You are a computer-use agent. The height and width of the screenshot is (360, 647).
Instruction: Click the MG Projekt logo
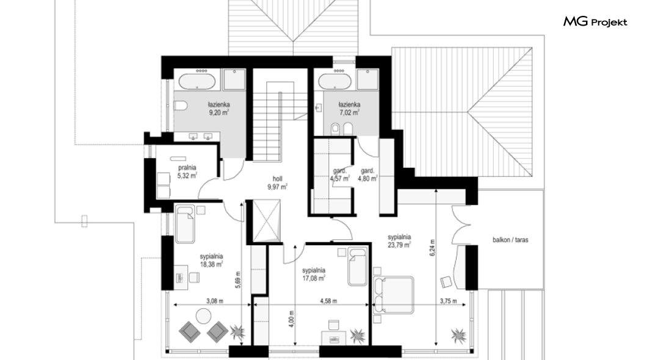(x=595, y=22)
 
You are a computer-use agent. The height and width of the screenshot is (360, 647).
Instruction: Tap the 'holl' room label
(x=277, y=179)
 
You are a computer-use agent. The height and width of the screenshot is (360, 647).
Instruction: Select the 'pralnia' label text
(x=187, y=167)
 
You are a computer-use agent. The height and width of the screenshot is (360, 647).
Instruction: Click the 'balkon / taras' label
(x=510, y=240)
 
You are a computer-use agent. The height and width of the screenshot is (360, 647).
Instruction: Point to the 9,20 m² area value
(x=219, y=112)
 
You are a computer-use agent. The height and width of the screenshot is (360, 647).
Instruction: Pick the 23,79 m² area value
(x=399, y=245)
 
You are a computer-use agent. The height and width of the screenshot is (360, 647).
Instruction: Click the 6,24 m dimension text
(x=432, y=248)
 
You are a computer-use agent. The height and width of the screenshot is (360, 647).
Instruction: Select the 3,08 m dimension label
(x=215, y=301)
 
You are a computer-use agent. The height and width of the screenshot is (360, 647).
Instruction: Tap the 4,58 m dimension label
(x=328, y=301)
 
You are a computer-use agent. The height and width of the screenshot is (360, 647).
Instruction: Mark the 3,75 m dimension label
(x=448, y=301)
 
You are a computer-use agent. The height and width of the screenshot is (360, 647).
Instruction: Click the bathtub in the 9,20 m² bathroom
(x=197, y=81)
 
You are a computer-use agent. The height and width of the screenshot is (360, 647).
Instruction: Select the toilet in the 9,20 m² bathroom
(x=180, y=106)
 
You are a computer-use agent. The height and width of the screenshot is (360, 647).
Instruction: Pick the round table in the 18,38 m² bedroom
(x=203, y=316)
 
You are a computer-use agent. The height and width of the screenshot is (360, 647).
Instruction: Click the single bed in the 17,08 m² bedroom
(x=357, y=267)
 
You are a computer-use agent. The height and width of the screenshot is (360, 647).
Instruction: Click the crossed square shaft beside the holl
(x=267, y=221)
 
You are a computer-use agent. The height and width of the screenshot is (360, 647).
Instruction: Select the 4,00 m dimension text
(x=292, y=319)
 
